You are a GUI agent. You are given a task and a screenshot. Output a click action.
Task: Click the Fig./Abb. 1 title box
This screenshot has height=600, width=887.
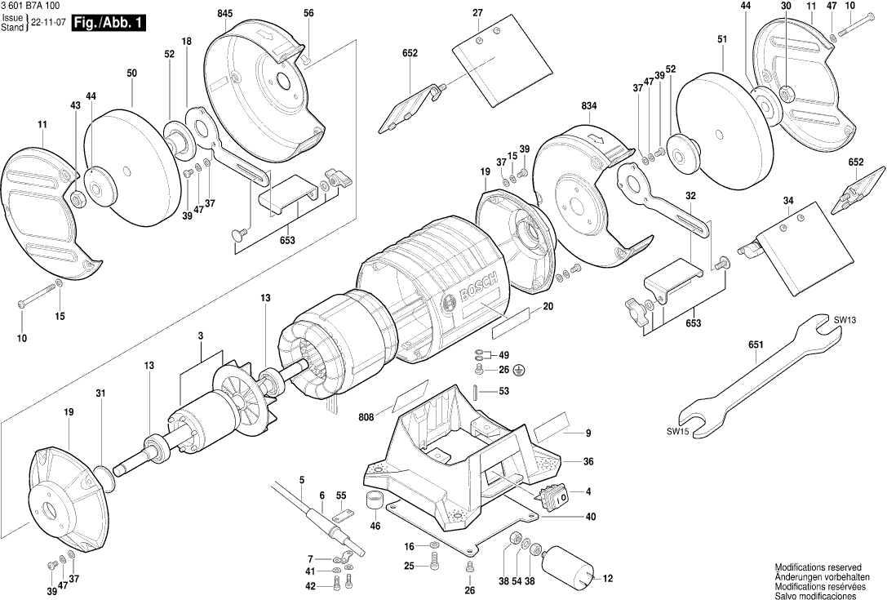[x=108, y=23]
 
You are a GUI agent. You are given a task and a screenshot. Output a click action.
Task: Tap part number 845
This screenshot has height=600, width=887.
[x=225, y=13]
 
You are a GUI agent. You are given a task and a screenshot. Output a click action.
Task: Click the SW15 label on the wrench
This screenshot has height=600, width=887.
[x=678, y=430]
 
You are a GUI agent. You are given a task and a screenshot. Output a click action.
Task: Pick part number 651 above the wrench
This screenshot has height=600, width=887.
[x=756, y=345]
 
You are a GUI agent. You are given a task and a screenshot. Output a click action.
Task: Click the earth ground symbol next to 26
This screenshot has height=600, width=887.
[x=520, y=371]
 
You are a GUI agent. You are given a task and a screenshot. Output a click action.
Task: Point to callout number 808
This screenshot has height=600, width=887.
[x=366, y=417]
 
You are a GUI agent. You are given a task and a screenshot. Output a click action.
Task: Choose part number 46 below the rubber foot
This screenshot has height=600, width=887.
[x=375, y=527]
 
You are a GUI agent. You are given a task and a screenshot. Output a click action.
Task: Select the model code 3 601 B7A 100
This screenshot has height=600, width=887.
[x=31, y=6]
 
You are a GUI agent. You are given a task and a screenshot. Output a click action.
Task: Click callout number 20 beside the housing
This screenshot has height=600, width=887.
[x=548, y=306]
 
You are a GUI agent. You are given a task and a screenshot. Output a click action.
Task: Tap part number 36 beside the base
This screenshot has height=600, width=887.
[x=588, y=461]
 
